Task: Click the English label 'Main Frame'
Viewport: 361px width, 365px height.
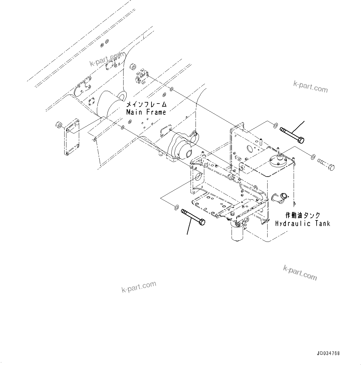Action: [x=146, y=112]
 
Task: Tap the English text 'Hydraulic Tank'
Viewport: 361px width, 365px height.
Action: [x=303, y=223]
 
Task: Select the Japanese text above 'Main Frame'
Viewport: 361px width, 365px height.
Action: [x=146, y=104]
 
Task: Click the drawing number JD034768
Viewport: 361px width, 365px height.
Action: [x=328, y=353]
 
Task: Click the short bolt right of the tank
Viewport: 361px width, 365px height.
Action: [x=326, y=164]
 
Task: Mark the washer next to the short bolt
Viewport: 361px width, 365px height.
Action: [x=313, y=155]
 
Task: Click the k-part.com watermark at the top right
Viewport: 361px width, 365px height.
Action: [x=310, y=86]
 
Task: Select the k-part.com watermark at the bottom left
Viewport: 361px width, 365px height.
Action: [x=138, y=287]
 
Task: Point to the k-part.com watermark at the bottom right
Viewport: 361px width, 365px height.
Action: [x=300, y=272]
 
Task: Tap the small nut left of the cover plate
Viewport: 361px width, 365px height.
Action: [x=58, y=125]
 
